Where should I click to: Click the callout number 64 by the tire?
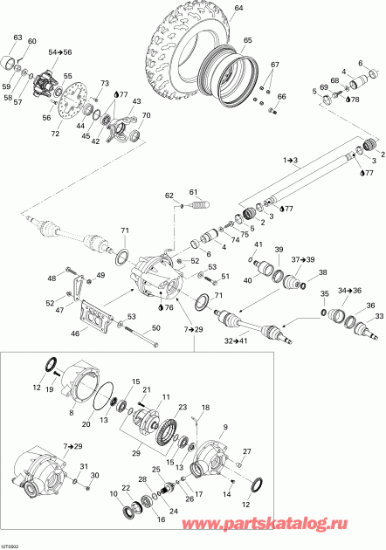(238, 9)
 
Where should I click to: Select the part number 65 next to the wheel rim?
(247, 41)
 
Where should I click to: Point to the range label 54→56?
(61, 53)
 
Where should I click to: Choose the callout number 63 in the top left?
(17, 37)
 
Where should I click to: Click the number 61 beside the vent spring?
(195, 192)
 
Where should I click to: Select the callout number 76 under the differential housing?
(168, 307)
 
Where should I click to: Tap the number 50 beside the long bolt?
(156, 327)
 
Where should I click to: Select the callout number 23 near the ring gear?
(183, 407)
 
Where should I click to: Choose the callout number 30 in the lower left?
(96, 475)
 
